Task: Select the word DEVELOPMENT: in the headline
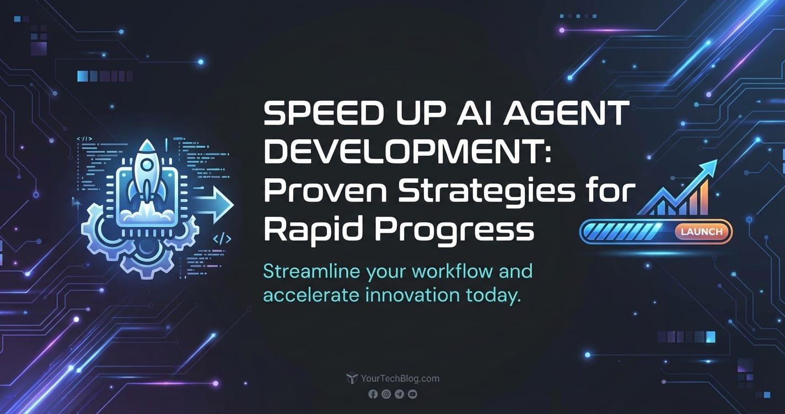408,152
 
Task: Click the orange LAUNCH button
701,232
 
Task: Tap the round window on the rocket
147,165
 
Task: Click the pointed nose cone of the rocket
147,144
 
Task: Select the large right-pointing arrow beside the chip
214,205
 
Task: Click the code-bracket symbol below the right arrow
222,239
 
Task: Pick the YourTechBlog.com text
400,378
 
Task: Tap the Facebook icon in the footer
373,394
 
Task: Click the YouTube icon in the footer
412,394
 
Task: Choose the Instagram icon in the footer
386,394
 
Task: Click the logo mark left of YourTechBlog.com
352,378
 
